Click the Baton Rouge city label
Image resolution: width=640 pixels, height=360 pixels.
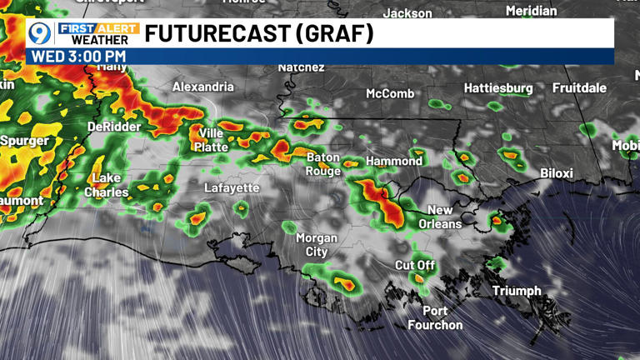coord(323,164)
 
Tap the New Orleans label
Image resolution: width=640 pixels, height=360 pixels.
coord(440,217)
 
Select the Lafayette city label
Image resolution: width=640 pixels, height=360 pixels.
coord(232,188)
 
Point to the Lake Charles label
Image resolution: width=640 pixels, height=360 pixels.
coord(107,185)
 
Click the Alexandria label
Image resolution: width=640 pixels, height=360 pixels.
coord(203,87)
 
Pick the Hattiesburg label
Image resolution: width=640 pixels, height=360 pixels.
coord(498,87)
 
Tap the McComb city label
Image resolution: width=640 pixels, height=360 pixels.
coord(390,93)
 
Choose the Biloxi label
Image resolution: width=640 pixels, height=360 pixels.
coord(557,173)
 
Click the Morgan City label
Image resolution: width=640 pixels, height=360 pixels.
coord(317,244)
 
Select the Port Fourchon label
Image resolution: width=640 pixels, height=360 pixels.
coord(435,318)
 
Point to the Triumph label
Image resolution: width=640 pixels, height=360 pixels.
coord(517,291)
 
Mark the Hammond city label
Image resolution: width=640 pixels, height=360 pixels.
coord(395,161)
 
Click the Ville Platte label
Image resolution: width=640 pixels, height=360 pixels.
coord(211,140)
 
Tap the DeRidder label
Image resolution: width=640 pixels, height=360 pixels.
coord(114,127)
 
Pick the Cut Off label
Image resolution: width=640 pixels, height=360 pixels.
coord(415,265)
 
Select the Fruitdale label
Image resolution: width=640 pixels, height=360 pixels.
coord(579,87)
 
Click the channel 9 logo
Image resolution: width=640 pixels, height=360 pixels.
coord(38,33)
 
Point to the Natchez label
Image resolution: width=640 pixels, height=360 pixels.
coord(301,67)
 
